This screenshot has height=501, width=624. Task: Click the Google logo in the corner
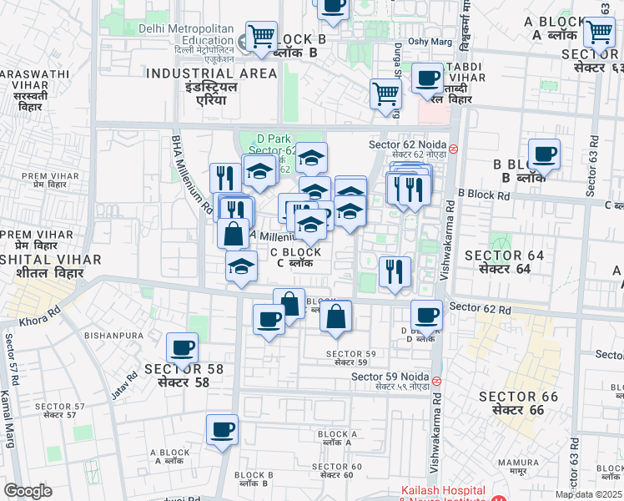tap(28, 491)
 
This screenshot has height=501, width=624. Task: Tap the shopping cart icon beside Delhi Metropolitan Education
tap(262, 38)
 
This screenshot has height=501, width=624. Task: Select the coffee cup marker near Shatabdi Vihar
tap(428, 79)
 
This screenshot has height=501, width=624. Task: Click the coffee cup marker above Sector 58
tap(182, 348)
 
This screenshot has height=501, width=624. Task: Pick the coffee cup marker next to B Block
tap(544, 154)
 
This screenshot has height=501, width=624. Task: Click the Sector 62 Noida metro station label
tap(408, 149)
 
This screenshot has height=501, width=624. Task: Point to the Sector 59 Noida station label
tap(390, 381)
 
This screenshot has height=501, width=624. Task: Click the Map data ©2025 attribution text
tap(588, 493)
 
